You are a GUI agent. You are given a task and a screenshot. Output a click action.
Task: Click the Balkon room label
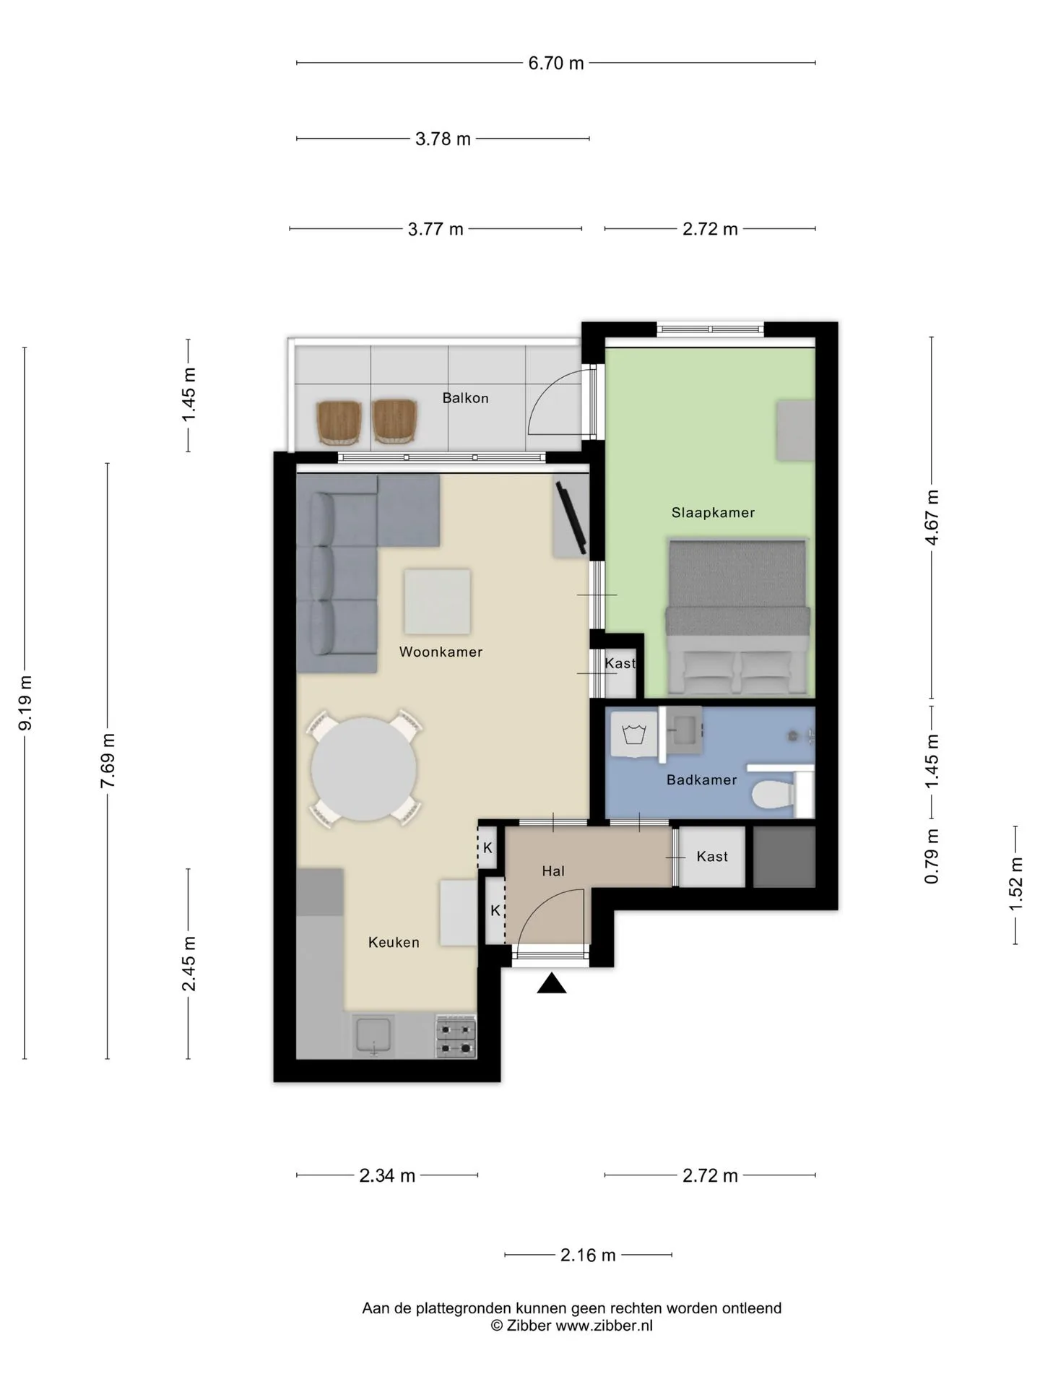point(465,398)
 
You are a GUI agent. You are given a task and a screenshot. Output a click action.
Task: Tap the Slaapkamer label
point(713,513)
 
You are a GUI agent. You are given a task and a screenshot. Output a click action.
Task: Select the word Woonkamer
point(441,652)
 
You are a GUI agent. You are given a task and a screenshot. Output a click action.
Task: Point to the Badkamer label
point(701,780)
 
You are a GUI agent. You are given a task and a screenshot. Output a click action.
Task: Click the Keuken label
point(394,942)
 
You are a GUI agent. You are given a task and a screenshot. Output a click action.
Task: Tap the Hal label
point(553,871)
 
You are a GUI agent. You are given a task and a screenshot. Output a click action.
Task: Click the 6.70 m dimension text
point(555,63)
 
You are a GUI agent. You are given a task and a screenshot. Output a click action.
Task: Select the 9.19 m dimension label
point(25,703)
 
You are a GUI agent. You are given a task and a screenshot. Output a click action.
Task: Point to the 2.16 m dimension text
point(588,1256)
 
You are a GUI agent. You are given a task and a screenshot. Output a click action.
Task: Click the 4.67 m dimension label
point(932,518)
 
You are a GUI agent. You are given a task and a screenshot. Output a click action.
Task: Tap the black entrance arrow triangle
point(552,983)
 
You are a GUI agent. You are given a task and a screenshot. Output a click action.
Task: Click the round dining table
point(364,769)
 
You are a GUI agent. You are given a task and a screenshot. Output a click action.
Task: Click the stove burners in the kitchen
point(456,1038)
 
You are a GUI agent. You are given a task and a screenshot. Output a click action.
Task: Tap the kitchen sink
point(373,1036)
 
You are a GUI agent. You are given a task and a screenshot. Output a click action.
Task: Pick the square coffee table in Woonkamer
point(437,602)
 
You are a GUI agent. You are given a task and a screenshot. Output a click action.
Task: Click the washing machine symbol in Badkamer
point(633,734)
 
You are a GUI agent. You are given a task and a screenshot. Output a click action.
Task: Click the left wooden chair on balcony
point(339,423)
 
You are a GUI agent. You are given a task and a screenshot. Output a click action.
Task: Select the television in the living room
point(572,518)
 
